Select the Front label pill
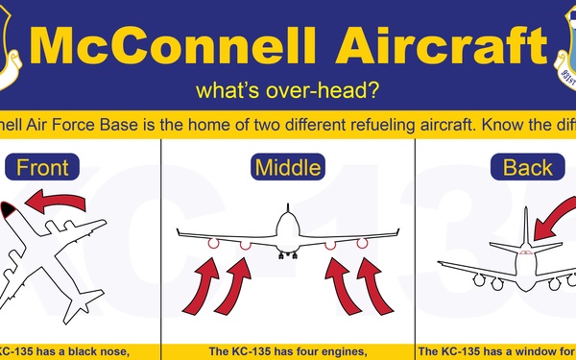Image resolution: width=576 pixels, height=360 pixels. pyautogui.click(x=42, y=168)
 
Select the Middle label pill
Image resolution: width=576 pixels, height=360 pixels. pyautogui.click(x=287, y=168)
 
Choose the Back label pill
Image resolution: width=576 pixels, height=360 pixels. pyautogui.click(x=528, y=168)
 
